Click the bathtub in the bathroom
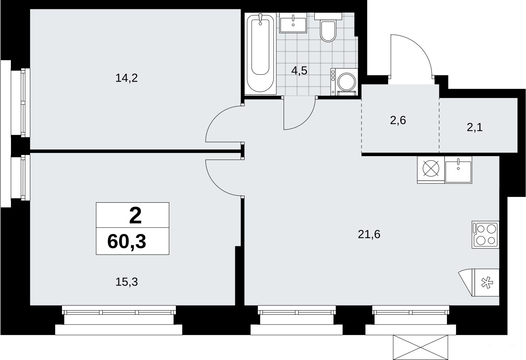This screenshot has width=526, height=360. coord(260,54)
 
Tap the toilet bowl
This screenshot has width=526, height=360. coord(328,32)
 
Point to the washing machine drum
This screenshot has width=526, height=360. coord(347,82)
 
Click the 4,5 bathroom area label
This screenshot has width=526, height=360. coord(299,70)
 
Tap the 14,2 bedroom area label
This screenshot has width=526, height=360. coord(126,78)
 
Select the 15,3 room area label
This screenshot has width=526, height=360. coord(126,282)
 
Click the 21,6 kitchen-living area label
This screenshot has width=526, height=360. coord(369,234)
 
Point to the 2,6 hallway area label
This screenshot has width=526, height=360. coord(398,120)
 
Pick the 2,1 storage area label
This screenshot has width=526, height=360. coord(475,128)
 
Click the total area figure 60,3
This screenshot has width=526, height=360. coord(126,242)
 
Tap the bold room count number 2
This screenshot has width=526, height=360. coord(135,215)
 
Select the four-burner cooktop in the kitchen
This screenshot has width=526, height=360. coord(486,235)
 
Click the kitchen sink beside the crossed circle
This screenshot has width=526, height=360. coord(458,170)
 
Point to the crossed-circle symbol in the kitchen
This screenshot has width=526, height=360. coord(431,168)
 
